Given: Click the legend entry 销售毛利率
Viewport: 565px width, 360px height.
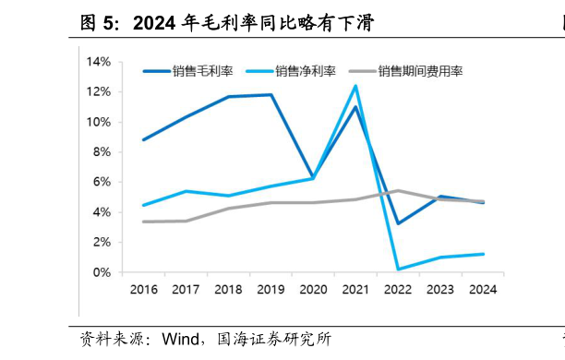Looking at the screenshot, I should [x=200, y=70].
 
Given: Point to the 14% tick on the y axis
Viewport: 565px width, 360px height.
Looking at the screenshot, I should [x=99, y=62].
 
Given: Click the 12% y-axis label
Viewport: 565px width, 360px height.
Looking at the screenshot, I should [x=99, y=92].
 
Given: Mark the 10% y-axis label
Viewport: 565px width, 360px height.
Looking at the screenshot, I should [x=99, y=122].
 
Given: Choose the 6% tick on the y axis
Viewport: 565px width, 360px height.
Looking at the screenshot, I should [x=102, y=182].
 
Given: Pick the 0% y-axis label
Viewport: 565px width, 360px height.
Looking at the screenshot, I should [x=102, y=272].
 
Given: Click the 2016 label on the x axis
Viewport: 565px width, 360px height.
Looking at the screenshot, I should [x=143, y=289].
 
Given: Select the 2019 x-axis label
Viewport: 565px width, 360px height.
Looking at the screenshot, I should [x=270, y=289].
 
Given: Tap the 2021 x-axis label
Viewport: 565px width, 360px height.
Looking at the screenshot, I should [x=355, y=289].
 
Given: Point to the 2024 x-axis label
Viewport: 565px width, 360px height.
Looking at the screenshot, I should [x=483, y=289].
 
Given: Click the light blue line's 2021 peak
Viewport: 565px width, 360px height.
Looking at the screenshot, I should [x=355, y=86].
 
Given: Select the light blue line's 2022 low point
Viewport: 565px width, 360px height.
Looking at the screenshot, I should [x=398, y=270].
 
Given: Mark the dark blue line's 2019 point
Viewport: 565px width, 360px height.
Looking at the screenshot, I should [x=270, y=94].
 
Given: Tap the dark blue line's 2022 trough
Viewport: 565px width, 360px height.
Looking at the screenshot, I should [x=398, y=223].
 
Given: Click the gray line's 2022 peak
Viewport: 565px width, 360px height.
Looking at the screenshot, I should [x=398, y=190].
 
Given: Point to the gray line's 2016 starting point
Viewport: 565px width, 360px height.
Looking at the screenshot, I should [x=143, y=222].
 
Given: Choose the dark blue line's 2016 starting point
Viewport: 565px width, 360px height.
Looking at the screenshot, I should [x=143, y=139].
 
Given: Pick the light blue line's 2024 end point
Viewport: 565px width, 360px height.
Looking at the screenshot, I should [x=483, y=254].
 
